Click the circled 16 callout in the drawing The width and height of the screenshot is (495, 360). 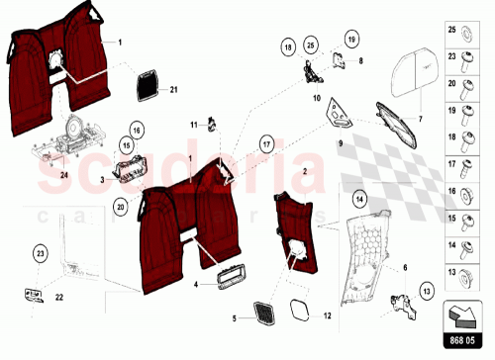coord(137,131)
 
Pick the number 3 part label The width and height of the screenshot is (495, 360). coord(102,180)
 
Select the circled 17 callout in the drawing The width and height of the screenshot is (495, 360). coord(265,143)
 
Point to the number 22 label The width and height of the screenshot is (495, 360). coord(59,297)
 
